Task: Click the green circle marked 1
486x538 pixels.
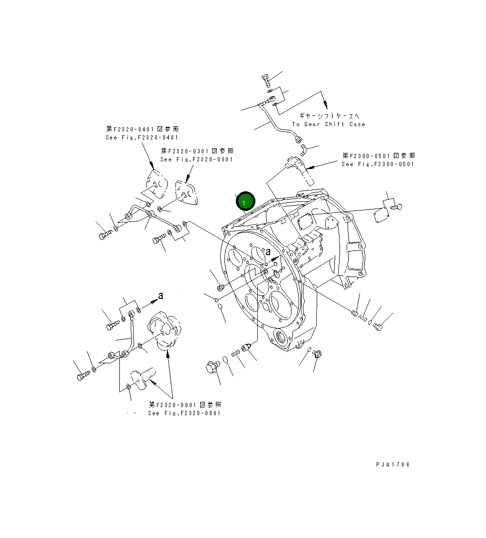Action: pyautogui.click(x=246, y=202)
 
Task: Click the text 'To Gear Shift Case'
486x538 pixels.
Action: pyautogui.click(x=329, y=124)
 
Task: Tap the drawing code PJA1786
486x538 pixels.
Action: pyautogui.click(x=392, y=465)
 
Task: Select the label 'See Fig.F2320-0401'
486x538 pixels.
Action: pyautogui.click(x=142, y=138)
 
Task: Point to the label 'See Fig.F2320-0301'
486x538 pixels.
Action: pyautogui.click(x=197, y=159)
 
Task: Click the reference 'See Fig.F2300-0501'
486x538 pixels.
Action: pyautogui.click(x=378, y=164)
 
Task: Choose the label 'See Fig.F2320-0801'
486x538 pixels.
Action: pyautogui.click(x=184, y=413)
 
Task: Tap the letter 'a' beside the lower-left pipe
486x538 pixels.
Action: pyautogui.click(x=161, y=296)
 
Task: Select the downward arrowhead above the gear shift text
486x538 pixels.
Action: pyautogui.click(x=325, y=103)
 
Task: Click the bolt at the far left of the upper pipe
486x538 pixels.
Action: pyautogui.click(x=104, y=235)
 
